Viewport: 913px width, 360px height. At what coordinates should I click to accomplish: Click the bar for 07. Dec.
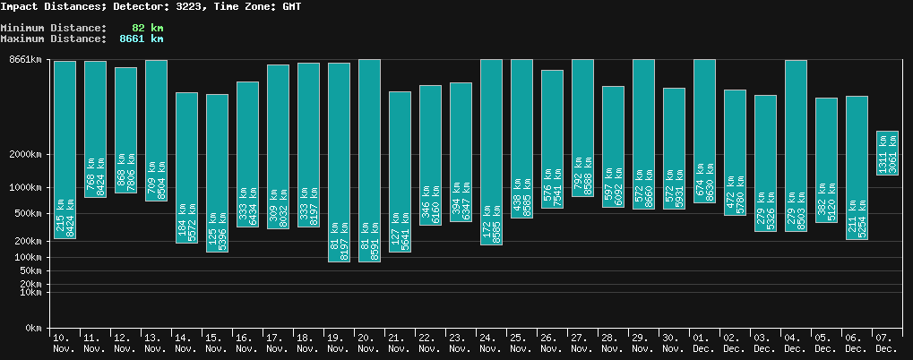coord(887,153)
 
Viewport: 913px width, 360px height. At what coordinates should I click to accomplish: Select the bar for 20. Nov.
coord(369,160)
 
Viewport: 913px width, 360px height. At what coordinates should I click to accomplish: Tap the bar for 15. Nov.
coord(217,173)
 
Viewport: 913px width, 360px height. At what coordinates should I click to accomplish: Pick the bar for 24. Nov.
coord(491,151)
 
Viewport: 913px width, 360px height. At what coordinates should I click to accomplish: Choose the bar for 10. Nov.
coord(65,150)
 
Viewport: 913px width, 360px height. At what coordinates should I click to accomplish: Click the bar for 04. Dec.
coord(796,146)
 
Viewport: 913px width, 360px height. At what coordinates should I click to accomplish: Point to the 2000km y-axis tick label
coord(25,154)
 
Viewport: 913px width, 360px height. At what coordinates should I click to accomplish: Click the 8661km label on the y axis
coord(25,60)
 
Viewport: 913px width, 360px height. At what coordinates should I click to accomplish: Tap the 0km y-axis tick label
coord(33,329)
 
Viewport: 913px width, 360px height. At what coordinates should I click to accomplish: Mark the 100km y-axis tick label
coord(28,258)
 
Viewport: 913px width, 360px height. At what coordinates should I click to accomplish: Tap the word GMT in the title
coord(291,6)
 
